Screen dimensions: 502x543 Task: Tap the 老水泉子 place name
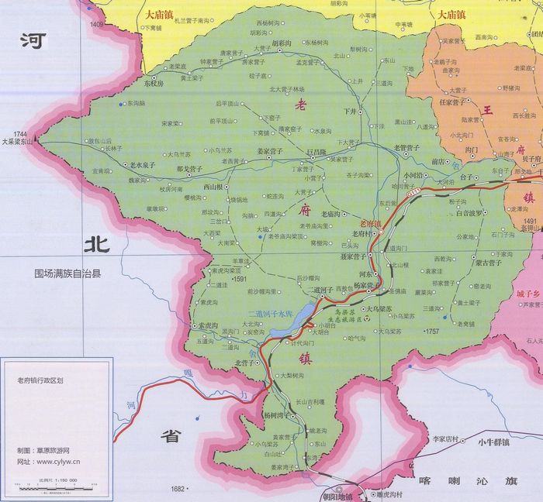point(143,165)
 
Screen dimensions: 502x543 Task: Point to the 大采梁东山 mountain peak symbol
point(36,142)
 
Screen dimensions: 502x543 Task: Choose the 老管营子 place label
point(406,147)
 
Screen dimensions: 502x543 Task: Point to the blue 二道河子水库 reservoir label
point(266,314)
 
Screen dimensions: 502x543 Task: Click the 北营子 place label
point(244,362)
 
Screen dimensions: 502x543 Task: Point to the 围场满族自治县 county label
point(73,273)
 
